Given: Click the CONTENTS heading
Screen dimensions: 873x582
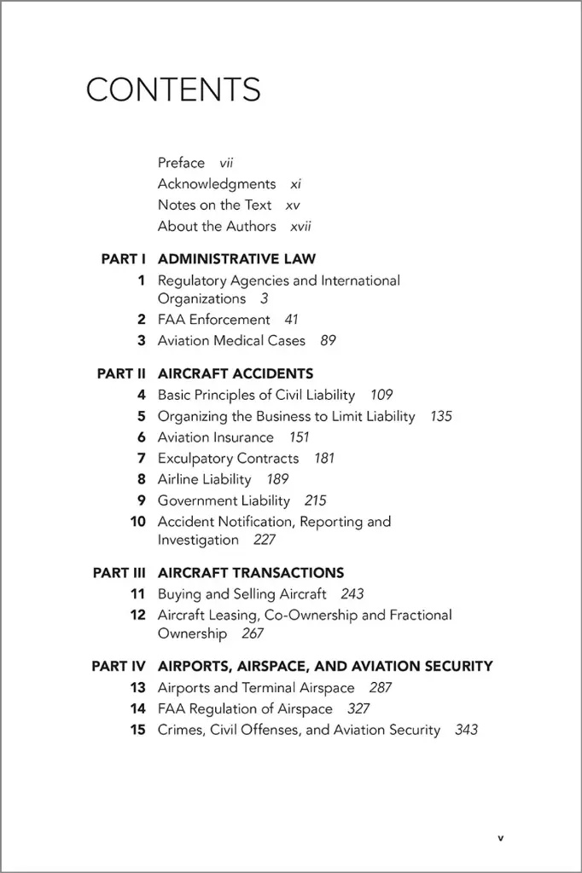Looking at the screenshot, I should click(173, 90).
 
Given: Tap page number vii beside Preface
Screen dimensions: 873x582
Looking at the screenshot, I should click(226, 163).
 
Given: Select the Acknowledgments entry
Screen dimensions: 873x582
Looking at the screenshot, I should click(217, 184).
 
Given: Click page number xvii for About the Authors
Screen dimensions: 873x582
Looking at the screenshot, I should click(300, 227).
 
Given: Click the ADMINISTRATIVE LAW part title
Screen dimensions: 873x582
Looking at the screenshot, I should click(236, 259).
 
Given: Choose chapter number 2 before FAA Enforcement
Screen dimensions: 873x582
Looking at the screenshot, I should click(142, 320).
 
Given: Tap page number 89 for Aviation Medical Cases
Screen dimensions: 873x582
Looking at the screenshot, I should click(328, 341).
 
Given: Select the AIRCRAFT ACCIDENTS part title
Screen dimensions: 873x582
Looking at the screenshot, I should click(236, 373).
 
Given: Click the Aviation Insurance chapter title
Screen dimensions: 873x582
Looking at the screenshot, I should click(216, 437).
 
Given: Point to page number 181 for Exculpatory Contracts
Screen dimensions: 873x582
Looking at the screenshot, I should click(324, 459).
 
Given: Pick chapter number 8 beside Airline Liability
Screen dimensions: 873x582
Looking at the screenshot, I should click(142, 480).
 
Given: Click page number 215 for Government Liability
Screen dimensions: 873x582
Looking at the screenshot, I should click(315, 501).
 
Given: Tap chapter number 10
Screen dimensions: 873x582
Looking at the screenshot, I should click(138, 522).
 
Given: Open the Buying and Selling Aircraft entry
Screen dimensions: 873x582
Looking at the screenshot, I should click(242, 594).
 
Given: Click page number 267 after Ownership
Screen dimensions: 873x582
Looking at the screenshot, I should click(253, 634).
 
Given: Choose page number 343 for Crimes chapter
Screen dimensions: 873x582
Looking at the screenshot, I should click(466, 731).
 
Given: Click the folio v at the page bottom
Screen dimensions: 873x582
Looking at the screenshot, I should click(501, 838).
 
